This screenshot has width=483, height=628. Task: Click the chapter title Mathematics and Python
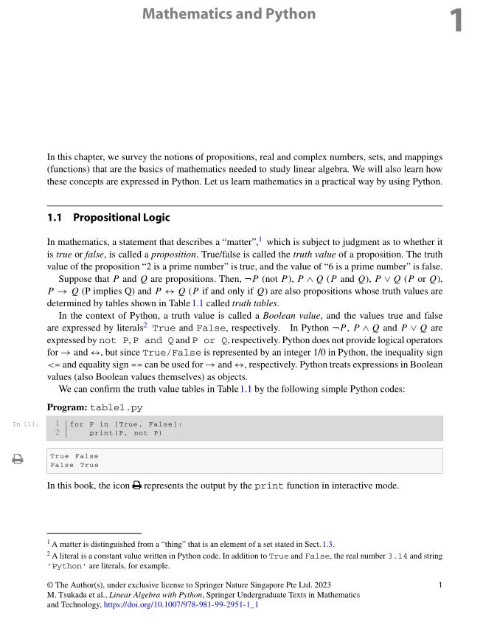click(229, 14)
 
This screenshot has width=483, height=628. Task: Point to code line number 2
click(57, 433)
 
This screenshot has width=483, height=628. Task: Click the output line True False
click(74, 457)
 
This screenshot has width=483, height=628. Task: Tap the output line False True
click(74, 466)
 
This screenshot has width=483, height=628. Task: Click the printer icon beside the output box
click(17, 460)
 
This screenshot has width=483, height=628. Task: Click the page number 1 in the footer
click(439, 585)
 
